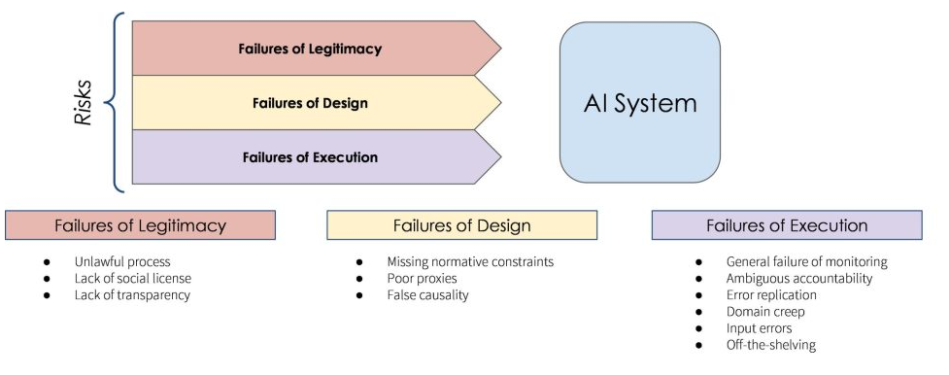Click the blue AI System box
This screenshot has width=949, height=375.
pyautogui.click(x=639, y=102)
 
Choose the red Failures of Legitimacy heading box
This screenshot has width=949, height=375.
pyautogui.click(x=140, y=225)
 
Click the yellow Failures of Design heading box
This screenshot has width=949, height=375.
pyautogui.click(x=461, y=225)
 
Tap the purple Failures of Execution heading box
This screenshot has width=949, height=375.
pyautogui.click(x=787, y=225)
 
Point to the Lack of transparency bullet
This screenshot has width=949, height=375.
pyautogui.click(x=131, y=294)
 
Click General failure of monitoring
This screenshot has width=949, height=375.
pyautogui.click(x=806, y=262)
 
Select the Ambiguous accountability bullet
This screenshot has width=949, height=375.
pyautogui.click(x=798, y=279)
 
